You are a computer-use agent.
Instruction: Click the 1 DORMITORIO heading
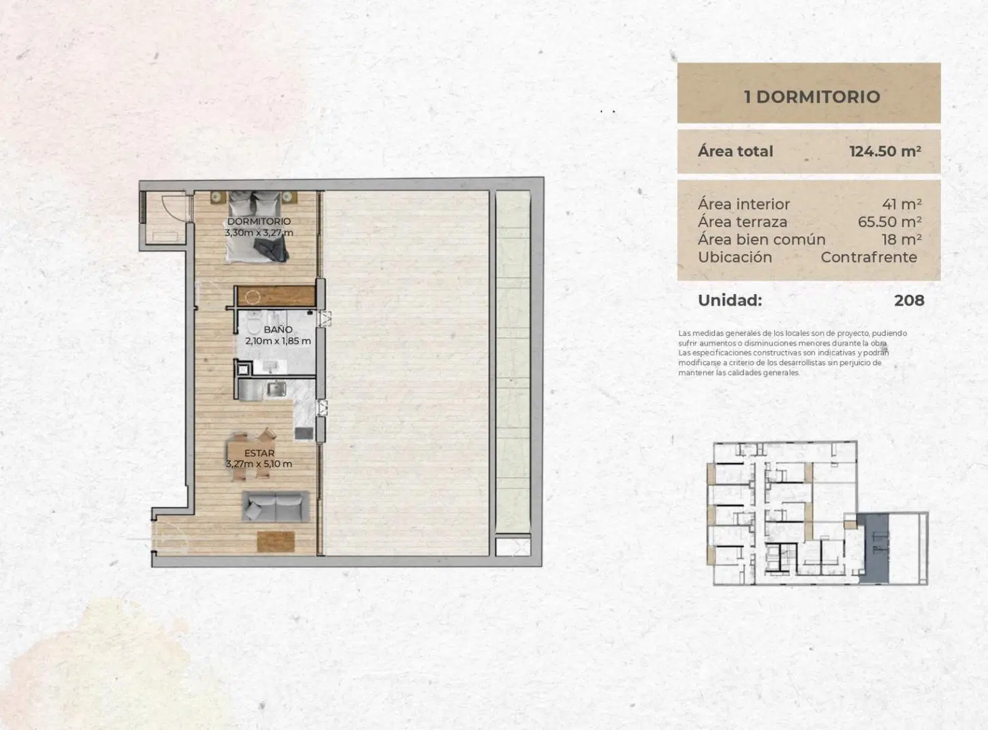click(812, 97)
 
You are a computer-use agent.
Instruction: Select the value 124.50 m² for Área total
click(885, 151)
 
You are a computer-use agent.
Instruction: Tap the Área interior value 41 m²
click(902, 204)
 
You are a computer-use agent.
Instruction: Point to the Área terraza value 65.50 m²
click(889, 222)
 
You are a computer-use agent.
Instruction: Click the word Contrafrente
click(868, 258)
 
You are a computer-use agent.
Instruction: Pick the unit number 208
click(909, 301)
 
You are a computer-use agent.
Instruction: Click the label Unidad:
click(730, 301)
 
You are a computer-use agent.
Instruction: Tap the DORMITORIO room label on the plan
click(259, 221)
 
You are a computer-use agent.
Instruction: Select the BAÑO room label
click(278, 330)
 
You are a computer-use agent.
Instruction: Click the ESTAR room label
click(259, 453)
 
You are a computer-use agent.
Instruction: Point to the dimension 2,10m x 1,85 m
click(278, 341)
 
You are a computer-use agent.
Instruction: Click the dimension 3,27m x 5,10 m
click(259, 464)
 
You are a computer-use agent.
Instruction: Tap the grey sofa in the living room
click(276, 506)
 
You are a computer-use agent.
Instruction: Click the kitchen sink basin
click(276, 389)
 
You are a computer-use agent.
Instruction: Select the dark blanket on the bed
click(271, 249)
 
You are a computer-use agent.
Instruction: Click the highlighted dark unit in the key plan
click(873, 549)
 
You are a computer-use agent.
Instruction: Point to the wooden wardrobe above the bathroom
click(276, 296)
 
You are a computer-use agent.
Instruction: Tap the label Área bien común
click(761, 240)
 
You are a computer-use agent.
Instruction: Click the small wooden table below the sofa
click(276, 541)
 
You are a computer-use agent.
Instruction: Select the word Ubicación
click(735, 258)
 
